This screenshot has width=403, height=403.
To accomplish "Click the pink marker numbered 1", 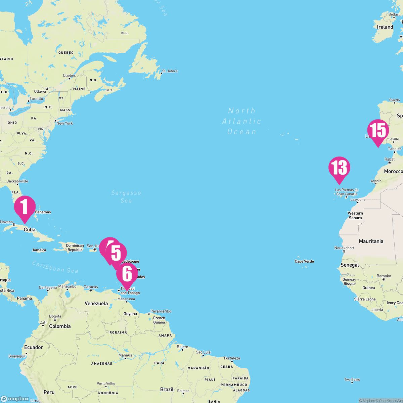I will [25, 207].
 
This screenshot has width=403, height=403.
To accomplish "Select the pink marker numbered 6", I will [127, 274].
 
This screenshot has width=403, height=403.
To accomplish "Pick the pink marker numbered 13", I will [339, 168].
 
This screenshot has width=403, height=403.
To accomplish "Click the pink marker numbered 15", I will [378, 130].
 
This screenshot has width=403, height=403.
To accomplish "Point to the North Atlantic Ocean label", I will [241, 121].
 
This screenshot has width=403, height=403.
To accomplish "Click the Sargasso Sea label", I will [126, 196].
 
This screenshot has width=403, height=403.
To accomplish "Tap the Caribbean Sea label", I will [55, 267].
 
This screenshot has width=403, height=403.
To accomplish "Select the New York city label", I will [64, 123].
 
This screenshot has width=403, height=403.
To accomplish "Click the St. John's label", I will [170, 71].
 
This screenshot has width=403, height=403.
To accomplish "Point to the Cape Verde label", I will [304, 261].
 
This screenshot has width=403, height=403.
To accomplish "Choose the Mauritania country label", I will [371, 241].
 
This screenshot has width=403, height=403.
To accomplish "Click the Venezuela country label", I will [96, 303].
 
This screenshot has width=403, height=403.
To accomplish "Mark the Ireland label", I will [385, 27].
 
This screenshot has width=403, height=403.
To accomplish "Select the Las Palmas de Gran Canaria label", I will [347, 192].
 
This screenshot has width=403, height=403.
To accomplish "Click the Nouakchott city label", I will [344, 248].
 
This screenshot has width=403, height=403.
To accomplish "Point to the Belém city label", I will [182, 347].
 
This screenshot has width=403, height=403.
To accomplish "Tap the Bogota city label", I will [55, 316].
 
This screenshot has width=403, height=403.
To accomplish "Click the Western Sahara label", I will [355, 215].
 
